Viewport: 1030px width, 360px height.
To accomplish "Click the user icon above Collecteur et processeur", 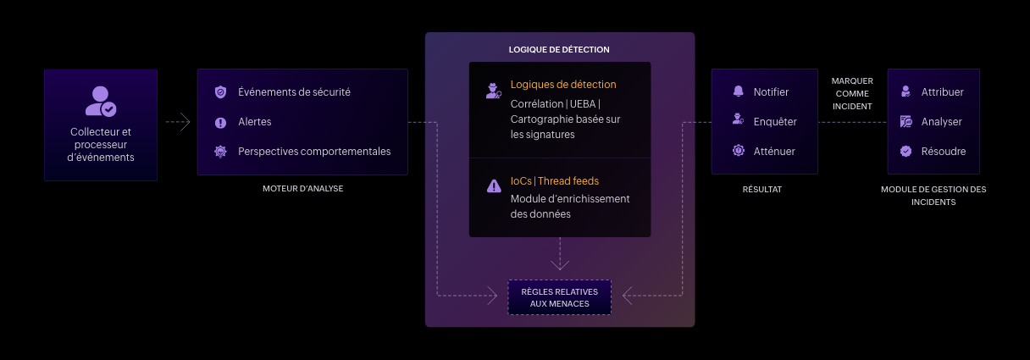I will pos(101,101).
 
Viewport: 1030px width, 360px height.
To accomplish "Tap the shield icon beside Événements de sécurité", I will pos(220,92).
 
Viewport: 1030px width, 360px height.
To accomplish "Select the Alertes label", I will pos(255,122).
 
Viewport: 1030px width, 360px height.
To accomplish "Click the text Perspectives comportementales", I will pos(314,152).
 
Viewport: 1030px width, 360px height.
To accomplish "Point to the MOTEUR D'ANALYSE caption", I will pos(302,189).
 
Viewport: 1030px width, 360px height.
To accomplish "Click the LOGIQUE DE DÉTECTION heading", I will pos(559,50).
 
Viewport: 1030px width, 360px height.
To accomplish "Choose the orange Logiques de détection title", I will pos(563,85).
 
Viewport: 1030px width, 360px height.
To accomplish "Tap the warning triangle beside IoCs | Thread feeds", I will pos(494,186).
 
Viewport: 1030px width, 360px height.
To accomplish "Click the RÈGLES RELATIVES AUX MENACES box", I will pos(559,297).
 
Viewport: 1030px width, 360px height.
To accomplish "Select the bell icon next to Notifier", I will pos(739,92).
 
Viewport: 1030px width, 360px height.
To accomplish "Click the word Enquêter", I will pos(775,122).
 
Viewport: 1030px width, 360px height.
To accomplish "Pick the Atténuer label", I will pos(774,152).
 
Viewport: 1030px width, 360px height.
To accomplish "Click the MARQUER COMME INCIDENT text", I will pos(852,93).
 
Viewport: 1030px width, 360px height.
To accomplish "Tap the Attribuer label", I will pos(942,92).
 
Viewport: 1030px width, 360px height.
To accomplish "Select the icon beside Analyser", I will pos(905,122).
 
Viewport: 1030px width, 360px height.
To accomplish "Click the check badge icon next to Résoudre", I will pos(905,152).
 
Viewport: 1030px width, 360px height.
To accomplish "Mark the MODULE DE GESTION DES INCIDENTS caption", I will pos(933,196).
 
